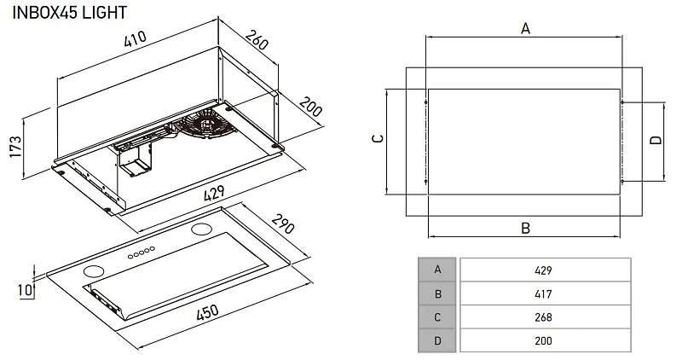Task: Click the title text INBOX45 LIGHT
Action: (x=71, y=12)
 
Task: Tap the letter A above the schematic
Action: (x=525, y=29)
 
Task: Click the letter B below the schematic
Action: (x=525, y=228)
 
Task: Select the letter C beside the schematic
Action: (x=379, y=138)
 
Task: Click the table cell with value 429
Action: (x=544, y=270)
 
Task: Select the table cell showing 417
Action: (x=544, y=293)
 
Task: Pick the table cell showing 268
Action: (x=544, y=317)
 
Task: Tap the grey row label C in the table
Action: (x=437, y=317)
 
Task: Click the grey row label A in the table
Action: (x=437, y=270)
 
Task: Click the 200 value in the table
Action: (x=544, y=340)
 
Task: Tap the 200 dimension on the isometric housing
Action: (x=310, y=110)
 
